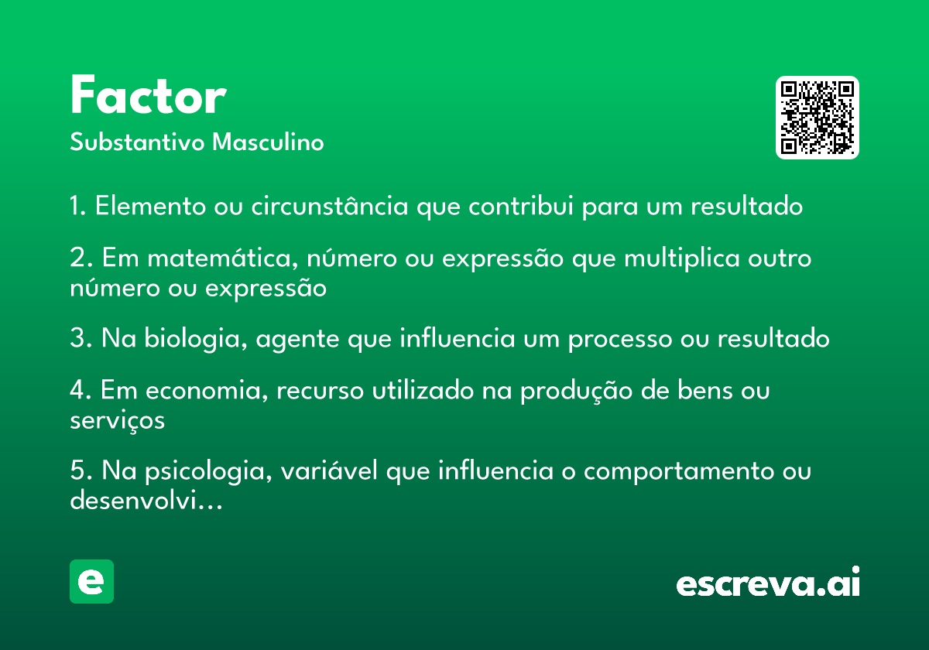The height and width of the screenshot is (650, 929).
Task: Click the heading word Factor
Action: (148, 95)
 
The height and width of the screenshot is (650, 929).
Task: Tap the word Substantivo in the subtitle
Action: (137, 142)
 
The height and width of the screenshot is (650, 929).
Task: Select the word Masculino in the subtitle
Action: (268, 142)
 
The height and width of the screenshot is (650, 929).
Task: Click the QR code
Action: (817, 118)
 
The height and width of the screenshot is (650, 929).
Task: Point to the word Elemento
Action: (150, 206)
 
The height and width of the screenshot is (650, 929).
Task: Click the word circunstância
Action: (330, 206)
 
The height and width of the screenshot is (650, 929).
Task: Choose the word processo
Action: (620, 340)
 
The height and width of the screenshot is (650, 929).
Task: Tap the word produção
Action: (577, 392)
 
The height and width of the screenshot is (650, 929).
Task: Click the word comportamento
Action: (679, 472)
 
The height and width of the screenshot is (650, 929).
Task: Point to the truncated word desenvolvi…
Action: (146, 500)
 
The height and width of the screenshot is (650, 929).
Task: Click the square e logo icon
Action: (91, 581)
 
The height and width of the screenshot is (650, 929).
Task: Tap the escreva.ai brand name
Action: (768, 582)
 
